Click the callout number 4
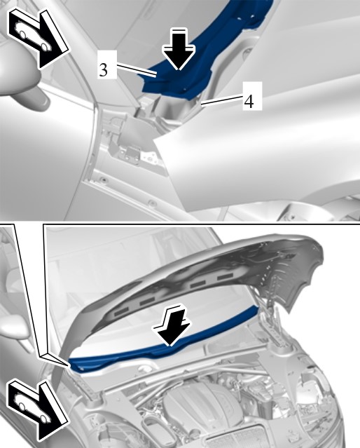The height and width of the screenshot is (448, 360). (249, 100)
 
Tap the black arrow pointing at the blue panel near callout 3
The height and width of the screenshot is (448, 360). (179, 48)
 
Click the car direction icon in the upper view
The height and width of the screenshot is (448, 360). (39, 38)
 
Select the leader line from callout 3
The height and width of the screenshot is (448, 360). (137, 71)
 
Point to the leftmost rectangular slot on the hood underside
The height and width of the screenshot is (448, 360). (121, 313)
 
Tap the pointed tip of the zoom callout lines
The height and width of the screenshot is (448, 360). (69, 365)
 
